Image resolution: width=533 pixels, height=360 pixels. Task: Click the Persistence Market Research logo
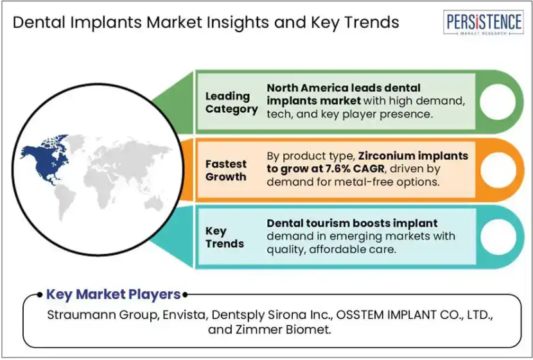click(483, 22)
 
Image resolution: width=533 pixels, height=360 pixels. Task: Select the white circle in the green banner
click(498, 101)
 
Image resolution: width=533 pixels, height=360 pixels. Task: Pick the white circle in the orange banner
click(498, 169)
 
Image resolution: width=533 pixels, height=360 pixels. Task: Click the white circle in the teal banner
click(498, 237)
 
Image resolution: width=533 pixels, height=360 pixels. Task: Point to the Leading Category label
click(231, 103)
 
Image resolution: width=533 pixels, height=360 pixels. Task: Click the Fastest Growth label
click(225, 170)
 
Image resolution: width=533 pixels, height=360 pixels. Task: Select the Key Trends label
click(225, 237)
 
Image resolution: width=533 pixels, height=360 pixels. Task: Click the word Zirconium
click(386, 156)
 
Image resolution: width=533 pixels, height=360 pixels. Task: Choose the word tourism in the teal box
click(328, 223)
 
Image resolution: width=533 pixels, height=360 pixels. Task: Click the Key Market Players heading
click(113, 295)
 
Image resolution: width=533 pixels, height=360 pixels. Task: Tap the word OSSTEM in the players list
click(357, 315)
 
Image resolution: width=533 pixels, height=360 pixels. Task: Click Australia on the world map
click(153, 204)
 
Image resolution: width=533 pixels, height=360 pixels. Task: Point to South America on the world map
click(65, 202)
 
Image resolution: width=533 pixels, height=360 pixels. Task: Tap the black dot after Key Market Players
click(185, 295)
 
